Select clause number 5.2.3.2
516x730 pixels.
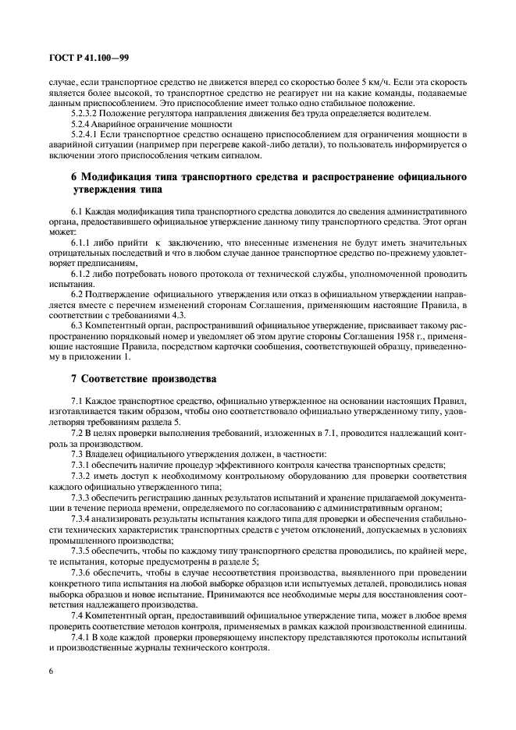pyautogui.click(x=84, y=114)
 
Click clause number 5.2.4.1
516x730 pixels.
pyautogui.click(x=84, y=134)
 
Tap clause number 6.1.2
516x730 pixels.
pyautogui.click(x=81, y=275)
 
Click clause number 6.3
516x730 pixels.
pyautogui.click(x=77, y=325)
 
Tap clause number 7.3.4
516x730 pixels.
pyautogui.click(x=81, y=516)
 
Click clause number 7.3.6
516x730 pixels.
pyautogui.click(x=81, y=571)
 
